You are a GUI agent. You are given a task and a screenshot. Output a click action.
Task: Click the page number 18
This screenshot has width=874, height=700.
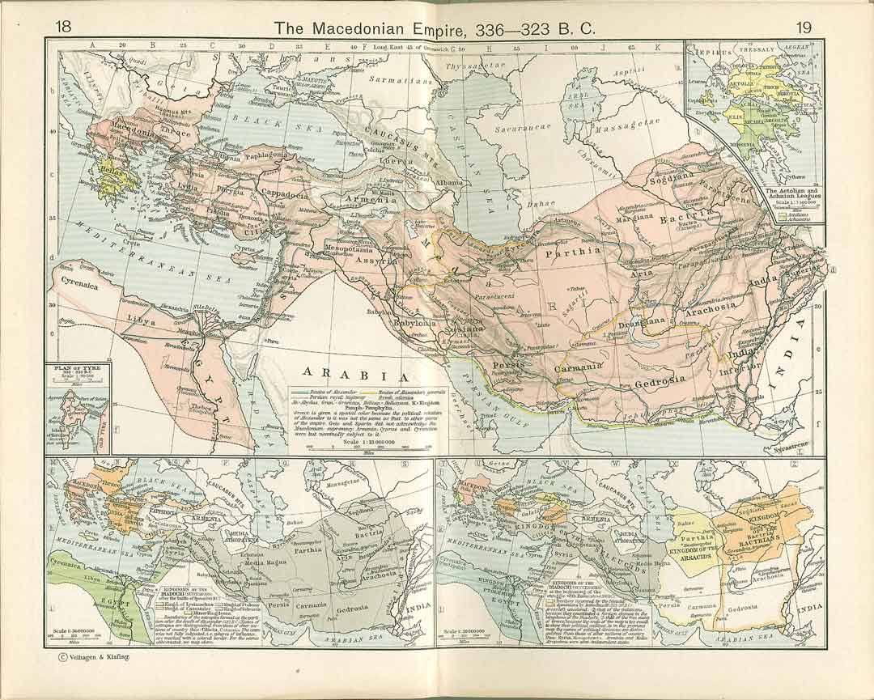tap(62, 27)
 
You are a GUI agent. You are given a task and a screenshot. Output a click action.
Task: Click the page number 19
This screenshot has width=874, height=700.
tap(803, 27)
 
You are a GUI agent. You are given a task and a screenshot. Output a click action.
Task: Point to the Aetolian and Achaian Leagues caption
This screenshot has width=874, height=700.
tap(753, 196)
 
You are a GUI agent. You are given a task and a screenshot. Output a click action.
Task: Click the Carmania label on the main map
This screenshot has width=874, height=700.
tap(579, 367)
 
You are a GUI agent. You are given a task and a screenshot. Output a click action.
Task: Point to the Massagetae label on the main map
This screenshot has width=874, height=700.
tap(621, 128)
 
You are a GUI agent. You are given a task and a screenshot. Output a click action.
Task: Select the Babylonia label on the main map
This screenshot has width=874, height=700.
tap(415, 323)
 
